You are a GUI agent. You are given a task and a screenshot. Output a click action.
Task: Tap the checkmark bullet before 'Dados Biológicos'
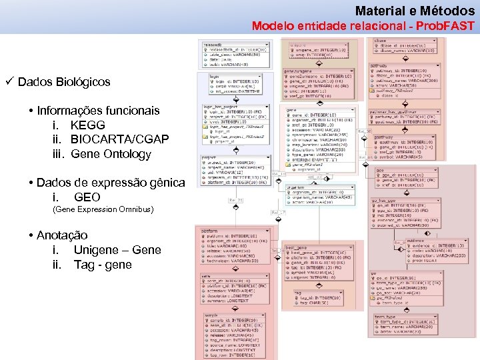click(9, 81)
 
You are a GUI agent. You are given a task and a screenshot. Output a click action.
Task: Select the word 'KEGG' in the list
click(87, 125)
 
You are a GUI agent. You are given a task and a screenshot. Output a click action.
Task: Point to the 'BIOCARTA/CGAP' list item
click(119, 139)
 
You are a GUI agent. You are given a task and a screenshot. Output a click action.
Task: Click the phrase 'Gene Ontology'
click(111, 154)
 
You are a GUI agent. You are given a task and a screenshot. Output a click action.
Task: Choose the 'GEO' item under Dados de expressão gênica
click(87, 197)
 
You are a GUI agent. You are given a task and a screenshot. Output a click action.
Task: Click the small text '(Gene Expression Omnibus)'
click(103, 209)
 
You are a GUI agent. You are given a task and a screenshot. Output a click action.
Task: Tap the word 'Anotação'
click(62, 235)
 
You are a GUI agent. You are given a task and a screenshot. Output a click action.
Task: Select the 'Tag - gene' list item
click(103, 265)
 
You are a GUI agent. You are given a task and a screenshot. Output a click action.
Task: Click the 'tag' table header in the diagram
click(298, 292)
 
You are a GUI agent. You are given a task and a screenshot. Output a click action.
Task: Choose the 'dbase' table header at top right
click(380, 40)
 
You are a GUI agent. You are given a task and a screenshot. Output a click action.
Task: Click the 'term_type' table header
click(385, 317)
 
